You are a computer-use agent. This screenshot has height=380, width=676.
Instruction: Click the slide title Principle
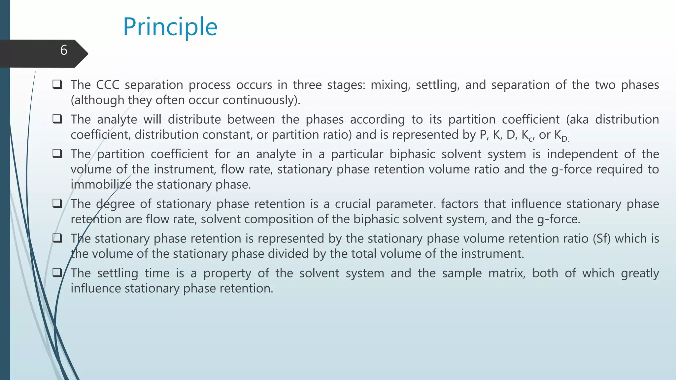click(x=170, y=27)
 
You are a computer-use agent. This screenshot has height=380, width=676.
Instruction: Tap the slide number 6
click(x=64, y=50)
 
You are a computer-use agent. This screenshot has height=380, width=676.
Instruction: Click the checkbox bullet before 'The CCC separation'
click(x=57, y=84)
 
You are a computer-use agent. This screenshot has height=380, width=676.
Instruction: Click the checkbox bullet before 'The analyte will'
click(x=57, y=119)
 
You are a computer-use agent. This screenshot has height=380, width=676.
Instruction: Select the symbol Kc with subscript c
click(x=527, y=135)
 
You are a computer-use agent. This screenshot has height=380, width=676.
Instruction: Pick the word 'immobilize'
click(x=101, y=184)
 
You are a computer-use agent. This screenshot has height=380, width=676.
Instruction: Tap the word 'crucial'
click(x=353, y=204)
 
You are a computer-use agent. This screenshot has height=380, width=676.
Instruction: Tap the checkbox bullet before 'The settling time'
click(x=57, y=273)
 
